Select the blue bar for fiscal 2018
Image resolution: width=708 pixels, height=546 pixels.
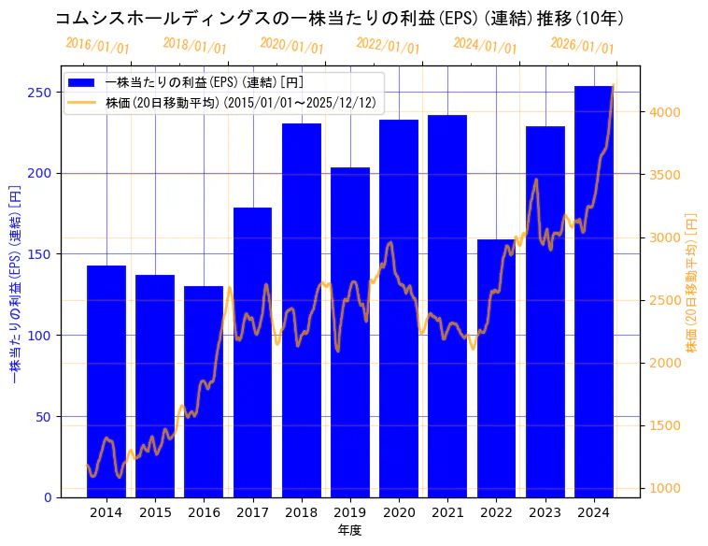[302, 309]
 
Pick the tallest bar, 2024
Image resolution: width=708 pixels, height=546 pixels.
[594, 291]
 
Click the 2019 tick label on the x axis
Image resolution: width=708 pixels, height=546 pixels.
[350, 512]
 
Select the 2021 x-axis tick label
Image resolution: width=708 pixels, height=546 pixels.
[447, 512]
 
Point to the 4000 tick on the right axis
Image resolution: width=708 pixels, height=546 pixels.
[667, 112]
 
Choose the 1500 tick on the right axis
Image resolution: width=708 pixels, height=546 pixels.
[667, 426]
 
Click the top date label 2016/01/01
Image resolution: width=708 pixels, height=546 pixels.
[98, 46]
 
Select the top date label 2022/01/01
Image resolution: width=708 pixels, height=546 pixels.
[389, 46]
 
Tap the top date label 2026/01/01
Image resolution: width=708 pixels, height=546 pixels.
[583, 46]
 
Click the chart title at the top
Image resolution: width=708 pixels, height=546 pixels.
[339, 18]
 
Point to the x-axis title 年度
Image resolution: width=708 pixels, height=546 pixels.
[350, 530]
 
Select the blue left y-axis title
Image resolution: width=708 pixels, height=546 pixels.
[14, 280]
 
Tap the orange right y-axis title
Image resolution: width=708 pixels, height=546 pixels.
[692, 281]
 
